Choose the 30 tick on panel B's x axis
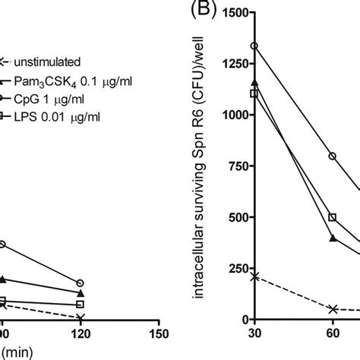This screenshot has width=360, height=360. pyautogui.click(x=254, y=334)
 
